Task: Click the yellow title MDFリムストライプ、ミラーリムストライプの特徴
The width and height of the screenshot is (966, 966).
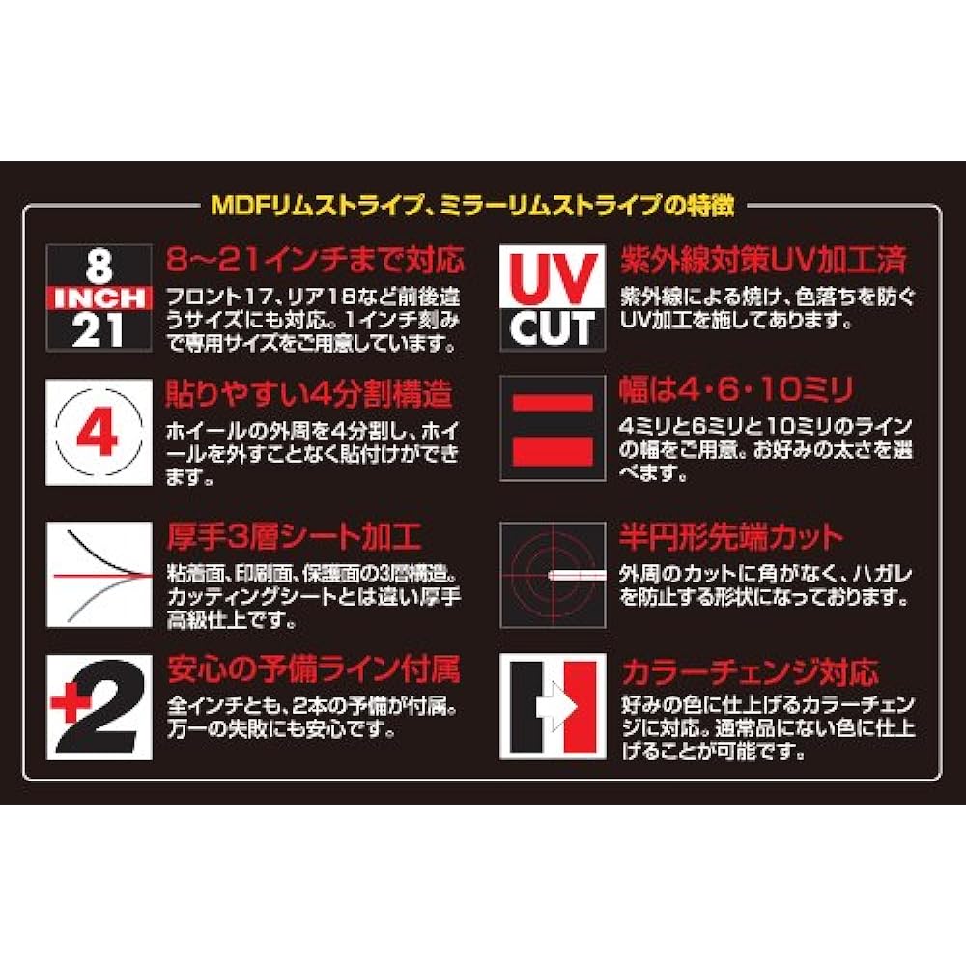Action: [x=472, y=205]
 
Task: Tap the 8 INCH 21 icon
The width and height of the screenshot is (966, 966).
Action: [x=99, y=298]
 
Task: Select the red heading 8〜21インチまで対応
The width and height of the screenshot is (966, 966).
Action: [x=315, y=259]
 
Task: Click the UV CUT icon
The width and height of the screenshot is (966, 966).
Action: [x=553, y=298]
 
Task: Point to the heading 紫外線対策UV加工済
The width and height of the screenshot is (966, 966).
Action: [x=764, y=259]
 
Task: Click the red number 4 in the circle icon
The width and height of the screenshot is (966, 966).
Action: [x=98, y=432]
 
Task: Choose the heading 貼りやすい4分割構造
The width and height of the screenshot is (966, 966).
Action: [x=309, y=394]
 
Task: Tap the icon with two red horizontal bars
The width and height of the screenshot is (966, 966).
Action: [x=553, y=429]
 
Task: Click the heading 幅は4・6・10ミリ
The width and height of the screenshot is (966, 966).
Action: [x=737, y=390]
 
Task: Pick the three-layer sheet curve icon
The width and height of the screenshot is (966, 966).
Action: [x=99, y=574]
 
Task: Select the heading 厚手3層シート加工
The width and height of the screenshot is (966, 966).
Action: [x=294, y=536]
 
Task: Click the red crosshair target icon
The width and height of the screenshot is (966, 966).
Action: [x=553, y=575]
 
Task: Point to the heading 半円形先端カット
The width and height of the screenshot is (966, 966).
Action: [x=731, y=537]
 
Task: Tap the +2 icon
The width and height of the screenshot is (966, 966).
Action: [x=99, y=707]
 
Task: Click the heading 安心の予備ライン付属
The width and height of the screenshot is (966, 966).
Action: [x=314, y=669]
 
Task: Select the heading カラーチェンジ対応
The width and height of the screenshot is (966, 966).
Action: [x=750, y=672]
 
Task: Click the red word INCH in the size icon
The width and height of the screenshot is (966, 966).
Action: [x=99, y=298]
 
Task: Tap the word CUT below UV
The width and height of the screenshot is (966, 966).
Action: [x=553, y=327]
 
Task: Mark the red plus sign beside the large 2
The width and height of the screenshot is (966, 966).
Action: [x=69, y=702]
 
